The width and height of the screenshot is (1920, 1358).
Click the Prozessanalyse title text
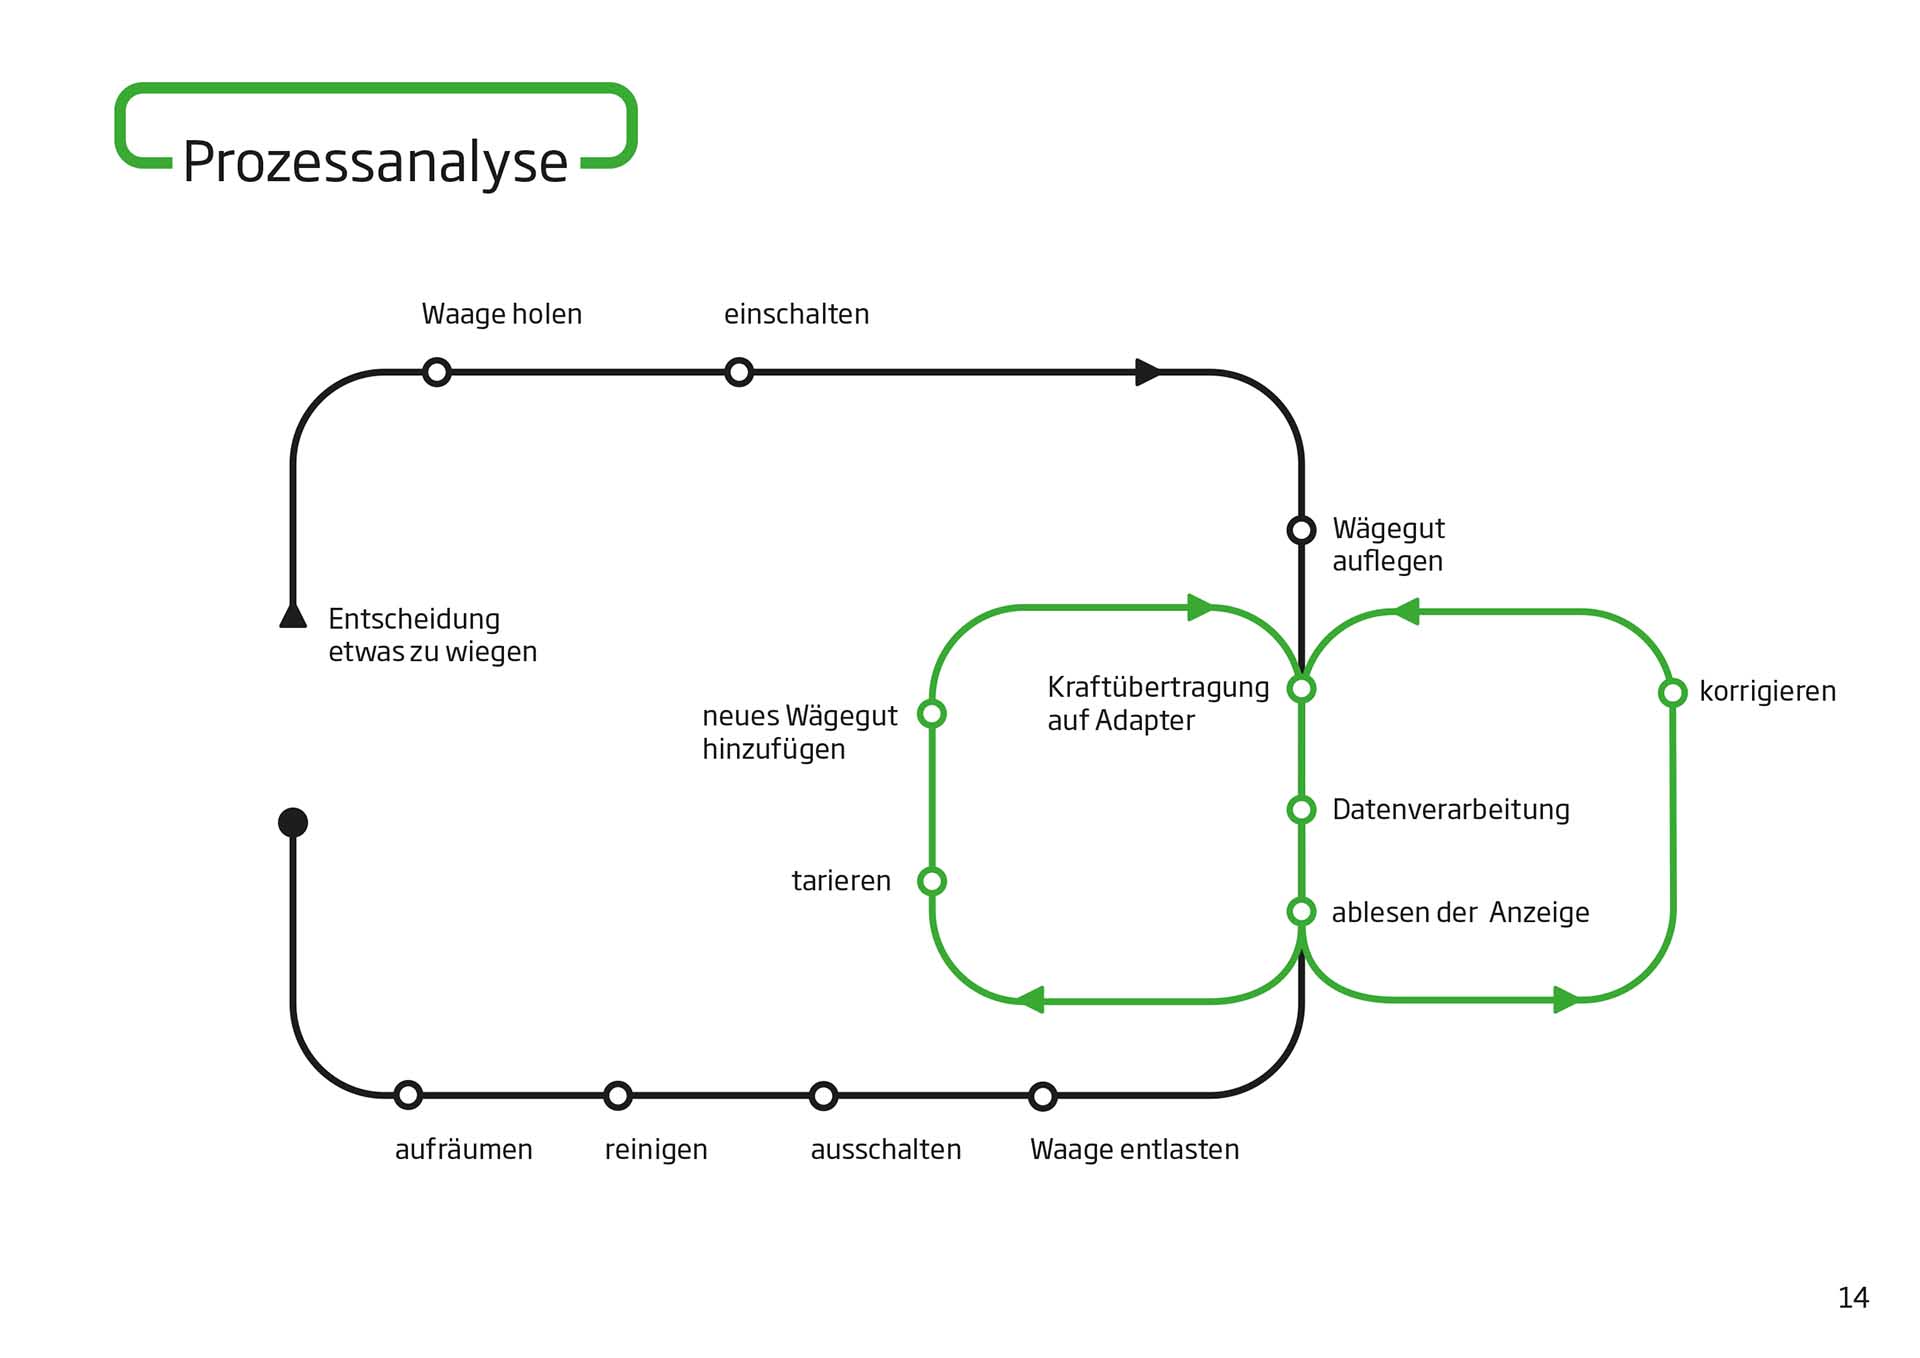(x=375, y=162)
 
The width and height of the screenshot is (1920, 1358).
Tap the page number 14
(x=1852, y=1298)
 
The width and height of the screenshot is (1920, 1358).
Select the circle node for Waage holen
(x=437, y=372)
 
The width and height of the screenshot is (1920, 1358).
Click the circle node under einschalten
(x=739, y=372)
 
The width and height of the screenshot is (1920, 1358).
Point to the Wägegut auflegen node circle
(x=1301, y=529)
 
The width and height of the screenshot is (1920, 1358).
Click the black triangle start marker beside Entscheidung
(x=293, y=616)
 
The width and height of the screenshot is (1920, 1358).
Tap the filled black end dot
(x=293, y=822)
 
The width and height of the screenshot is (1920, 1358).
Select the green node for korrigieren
(x=1672, y=692)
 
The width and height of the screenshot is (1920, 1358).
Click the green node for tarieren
(x=932, y=881)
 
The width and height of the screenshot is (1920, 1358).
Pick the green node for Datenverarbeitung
(x=1301, y=809)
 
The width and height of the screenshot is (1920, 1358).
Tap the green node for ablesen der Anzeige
(x=1301, y=911)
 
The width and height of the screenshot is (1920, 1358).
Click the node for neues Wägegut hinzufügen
(x=932, y=713)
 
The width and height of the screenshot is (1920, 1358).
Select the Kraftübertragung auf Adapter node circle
(x=1301, y=688)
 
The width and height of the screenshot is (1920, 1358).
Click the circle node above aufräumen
(x=408, y=1095)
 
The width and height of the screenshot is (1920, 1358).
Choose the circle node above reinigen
(x=618, y=1095)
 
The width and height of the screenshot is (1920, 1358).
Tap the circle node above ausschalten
(x=823, y=1095)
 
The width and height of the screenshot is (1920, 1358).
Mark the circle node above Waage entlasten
(x=1043, y=1096)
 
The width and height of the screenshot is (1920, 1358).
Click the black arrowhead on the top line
(x=1148, y=372)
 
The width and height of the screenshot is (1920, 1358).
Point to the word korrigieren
(x=1767, y=691)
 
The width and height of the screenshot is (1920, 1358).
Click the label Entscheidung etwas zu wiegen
(x=432, y=635)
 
